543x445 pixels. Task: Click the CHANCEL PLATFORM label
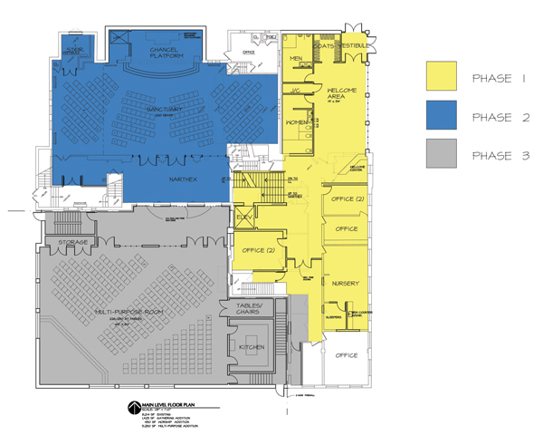pyautogui.click(x=167, y=53)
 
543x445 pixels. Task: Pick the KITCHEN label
pyautogui.click(x=251, y=346)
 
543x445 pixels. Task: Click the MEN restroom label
pyautogui.click(x=295, y=59)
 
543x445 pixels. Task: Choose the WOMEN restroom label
pyautogui.click(x=297, y=122)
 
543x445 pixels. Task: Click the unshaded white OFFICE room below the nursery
pyautogui.click(x=345, y=356)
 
